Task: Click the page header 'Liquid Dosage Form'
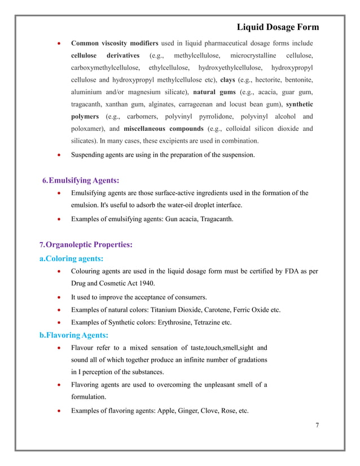point(277,27)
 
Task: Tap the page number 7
point(317,425)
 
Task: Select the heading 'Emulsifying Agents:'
point(84,180)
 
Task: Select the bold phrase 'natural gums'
point(214,92)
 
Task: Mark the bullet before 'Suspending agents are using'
point(59,154)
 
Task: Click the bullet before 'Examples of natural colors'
point(59,310)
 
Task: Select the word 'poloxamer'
point(88,129)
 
